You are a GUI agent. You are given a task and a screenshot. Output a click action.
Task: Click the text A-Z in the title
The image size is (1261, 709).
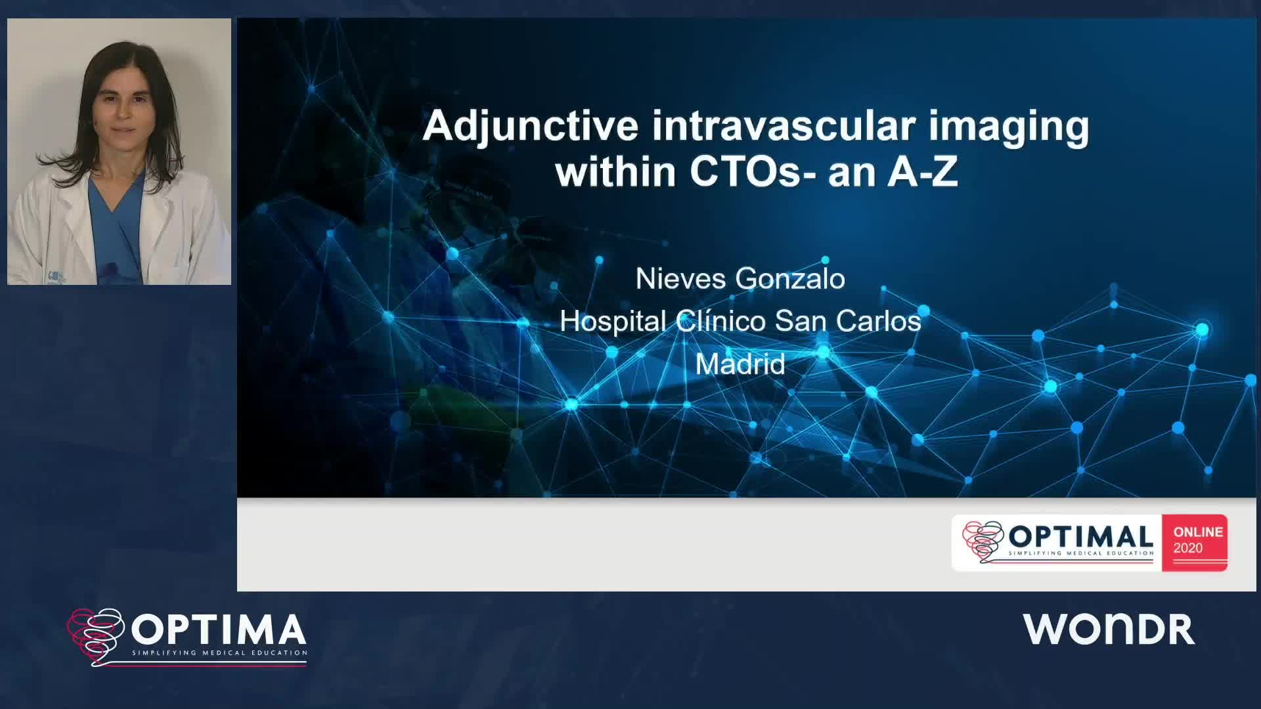click(x=923, y=172)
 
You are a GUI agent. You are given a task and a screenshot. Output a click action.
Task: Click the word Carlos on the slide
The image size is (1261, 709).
click(x=879, y=321)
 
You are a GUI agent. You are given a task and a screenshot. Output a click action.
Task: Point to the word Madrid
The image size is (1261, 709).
click(x=740, y=364)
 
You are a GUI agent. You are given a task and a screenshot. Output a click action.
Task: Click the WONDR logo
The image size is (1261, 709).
click(x=1109, y=629)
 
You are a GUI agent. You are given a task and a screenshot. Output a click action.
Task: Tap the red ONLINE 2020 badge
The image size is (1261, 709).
click(x=1195, y=542)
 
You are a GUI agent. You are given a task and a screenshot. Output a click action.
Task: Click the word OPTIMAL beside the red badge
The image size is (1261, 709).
click(x=1081, y=536)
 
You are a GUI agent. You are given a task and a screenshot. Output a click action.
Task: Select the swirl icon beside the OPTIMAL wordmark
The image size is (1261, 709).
click(x=983, y=542)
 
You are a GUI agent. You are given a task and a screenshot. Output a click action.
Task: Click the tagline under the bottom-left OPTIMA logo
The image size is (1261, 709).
click(x=220, y=653)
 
